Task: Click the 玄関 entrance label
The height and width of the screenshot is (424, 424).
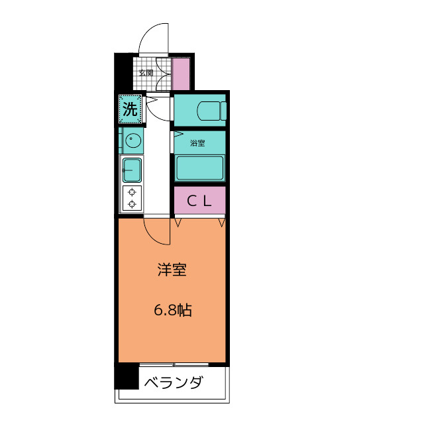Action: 146,72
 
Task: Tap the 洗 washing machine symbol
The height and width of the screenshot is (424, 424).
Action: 131,109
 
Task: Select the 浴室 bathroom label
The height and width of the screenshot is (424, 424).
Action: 197,143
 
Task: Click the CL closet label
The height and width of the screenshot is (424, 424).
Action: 199,201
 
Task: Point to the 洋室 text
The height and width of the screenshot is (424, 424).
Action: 172,270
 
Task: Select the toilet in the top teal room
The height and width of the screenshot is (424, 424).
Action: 211,110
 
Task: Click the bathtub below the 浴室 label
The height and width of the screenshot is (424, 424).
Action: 199,168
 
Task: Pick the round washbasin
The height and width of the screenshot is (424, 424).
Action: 133,140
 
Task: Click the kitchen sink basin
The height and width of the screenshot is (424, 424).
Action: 131,170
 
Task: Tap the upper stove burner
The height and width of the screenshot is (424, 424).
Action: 132,191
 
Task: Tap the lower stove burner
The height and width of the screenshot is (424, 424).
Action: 132,203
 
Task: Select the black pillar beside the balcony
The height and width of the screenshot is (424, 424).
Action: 126,377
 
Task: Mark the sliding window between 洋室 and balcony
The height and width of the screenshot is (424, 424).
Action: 174,364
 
